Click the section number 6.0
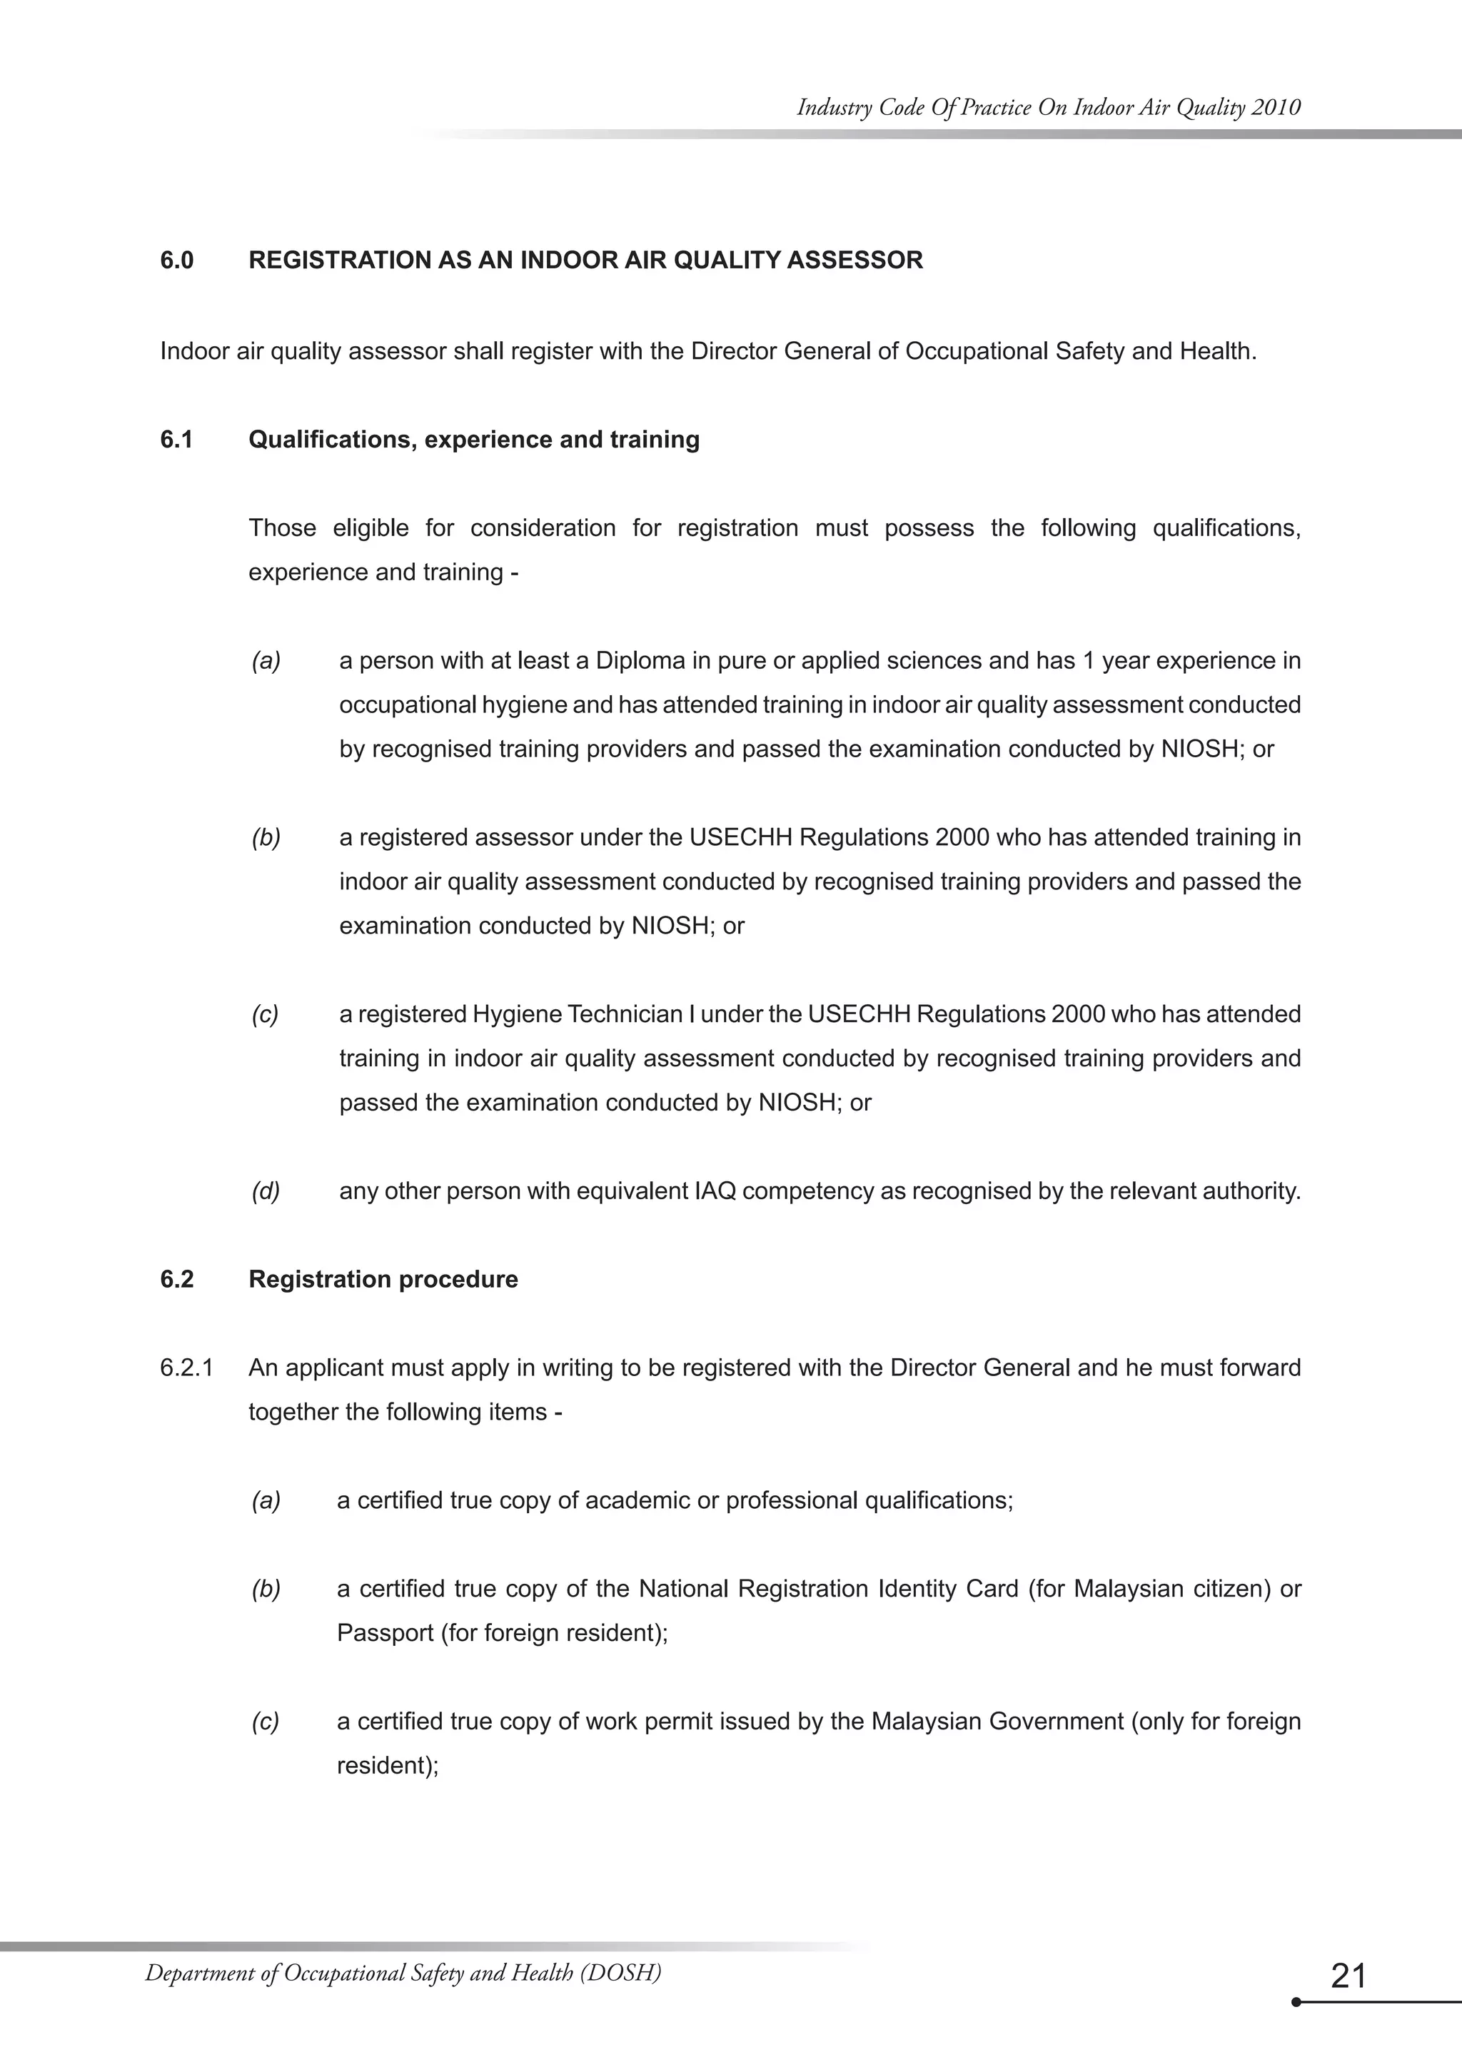point(176,261)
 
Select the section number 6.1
point(176,440)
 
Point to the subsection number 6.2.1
point(186,1368)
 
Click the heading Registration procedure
point(383,1279)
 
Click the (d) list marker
point(266,1191)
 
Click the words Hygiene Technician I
point(583,1015)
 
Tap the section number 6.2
point(176,1279)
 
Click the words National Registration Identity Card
point(828,1588)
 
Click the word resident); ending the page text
point(387,1764)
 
